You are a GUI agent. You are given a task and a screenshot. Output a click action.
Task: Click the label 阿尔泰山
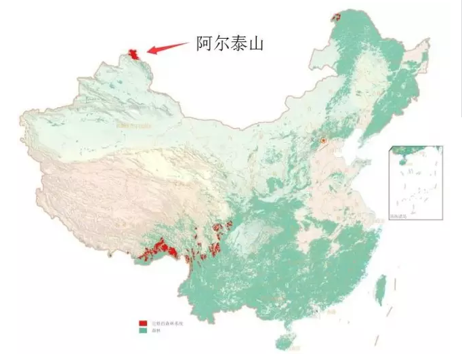click(x=229, y=44)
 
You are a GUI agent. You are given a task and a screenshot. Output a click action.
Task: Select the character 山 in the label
click(x=255, y=44)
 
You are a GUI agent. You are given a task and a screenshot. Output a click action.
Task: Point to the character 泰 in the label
click(x=238, y=44)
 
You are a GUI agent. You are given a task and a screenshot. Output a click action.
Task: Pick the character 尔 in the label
click(x=220, y=44)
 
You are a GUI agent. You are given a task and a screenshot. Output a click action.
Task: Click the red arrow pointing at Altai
click(x=167, y=47)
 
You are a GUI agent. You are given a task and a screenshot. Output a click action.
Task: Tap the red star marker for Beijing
click(x=324, y=140)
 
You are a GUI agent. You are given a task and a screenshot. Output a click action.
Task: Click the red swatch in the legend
click(x=143, y=323)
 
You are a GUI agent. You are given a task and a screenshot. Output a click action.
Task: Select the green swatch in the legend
click(x=143, y=330)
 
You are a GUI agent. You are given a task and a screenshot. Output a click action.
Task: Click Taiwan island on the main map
click(x=381, y=287)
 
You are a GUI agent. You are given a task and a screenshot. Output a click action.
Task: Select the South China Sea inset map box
click(x=416, y=182)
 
